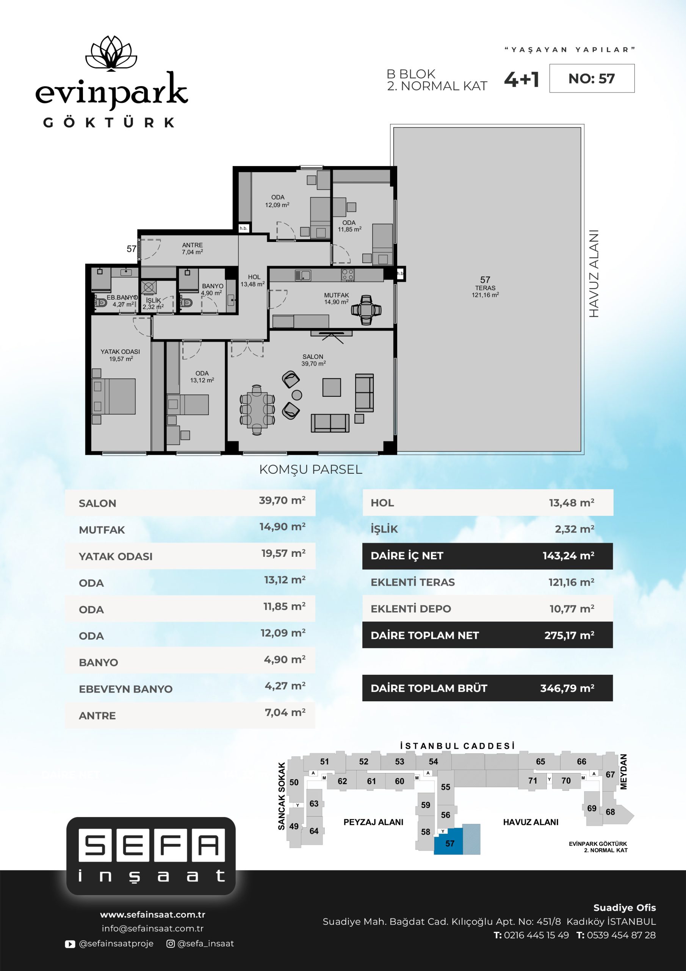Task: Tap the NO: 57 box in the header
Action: click(x=592, y=78)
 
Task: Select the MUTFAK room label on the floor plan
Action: click(x=337, y=295)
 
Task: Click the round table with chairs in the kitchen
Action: click(x=366, y=310)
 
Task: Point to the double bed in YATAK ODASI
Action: click(x=114, y=396)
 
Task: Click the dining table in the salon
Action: click(x=257, y=409)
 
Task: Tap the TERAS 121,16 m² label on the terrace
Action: click(x=485, y=291)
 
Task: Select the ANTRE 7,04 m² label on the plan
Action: click(x=192, y=248)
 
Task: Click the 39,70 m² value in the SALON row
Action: click(x=282, y=500)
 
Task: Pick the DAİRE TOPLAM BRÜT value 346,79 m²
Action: click(x=567, y=688)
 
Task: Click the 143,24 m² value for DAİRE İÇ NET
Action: click(x=569, y=556)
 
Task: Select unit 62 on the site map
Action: click(x=342, y=781)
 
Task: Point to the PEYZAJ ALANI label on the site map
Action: click(x=373, y=822)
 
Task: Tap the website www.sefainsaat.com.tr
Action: click(x=153, y=914)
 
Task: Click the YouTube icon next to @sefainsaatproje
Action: click(x=70, y=944)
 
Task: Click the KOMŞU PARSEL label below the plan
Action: click(x=311, y=470)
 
